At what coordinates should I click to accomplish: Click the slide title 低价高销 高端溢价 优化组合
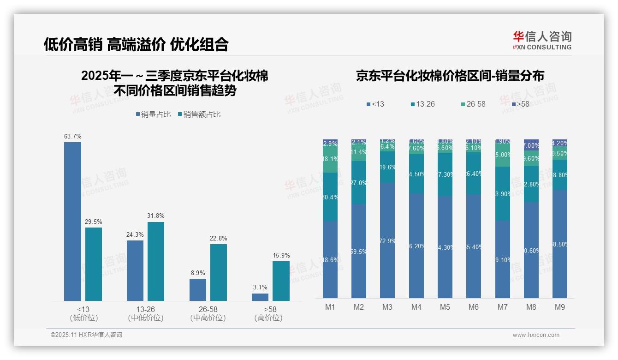pyautogui.click(x=136, y=44)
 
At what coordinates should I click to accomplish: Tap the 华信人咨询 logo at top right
pyautogui.click(x=542, y=40)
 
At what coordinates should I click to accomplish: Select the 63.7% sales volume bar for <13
pyautogui.click(x=72, y=222)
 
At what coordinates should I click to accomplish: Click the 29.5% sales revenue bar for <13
pyautogui.click(x=94, y=264)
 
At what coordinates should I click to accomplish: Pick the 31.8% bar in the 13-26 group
pyautogui.click(x=155, y=261)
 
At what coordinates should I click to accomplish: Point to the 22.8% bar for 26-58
pyautogui.click(x=219, y=272)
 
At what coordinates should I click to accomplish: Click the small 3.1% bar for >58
pyautogui.click(x=260, y=297)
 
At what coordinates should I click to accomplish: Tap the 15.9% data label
pyautogui.click(x=281, y=255)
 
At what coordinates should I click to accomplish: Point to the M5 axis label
pyautogui.click(x=445, y=307)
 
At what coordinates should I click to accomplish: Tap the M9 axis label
pyautogui.click(x=559, y=307)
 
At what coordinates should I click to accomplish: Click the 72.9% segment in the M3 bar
pyautogui.click(x=387, y=240)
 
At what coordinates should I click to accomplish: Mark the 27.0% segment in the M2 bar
pyautogui.click(x=359, y=183)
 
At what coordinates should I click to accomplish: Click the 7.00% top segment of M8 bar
pyautogui.click(x=531, y=144)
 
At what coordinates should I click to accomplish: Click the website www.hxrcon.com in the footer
pyautogui.click(x=536, y=335)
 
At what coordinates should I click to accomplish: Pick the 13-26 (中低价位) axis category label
pyautogui.click(x=146, y=313)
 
